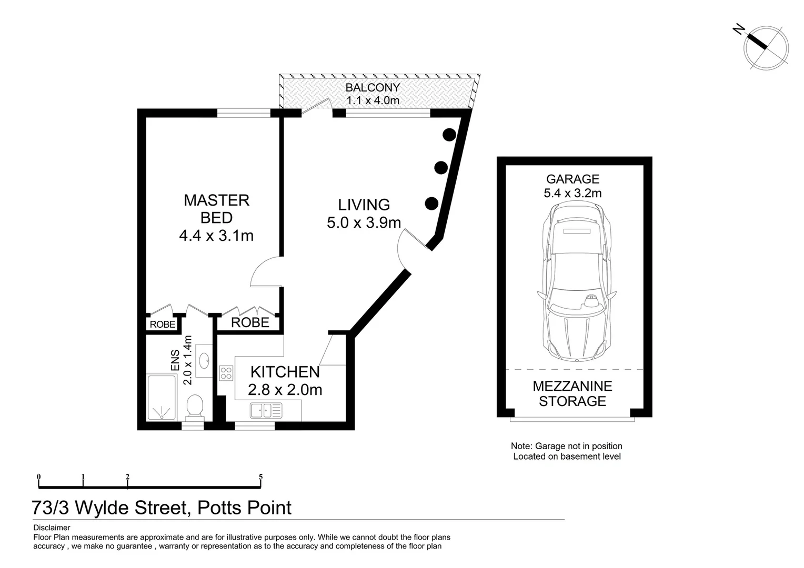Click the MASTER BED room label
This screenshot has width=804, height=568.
[216, 217]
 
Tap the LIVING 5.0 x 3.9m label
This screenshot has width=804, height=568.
[364, 214]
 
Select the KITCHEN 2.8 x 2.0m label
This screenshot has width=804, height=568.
[285, 380]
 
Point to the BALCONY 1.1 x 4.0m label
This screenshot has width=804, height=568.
[373, 94]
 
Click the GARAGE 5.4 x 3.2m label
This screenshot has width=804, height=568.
[572, 186]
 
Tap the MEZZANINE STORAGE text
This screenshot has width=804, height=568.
[572, 393]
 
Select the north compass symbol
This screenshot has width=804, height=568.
[765, 46]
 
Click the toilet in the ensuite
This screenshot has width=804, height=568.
[195, 406]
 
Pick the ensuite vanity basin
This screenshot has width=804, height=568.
[204, 360]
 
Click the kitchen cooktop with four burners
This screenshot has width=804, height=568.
[226, 373]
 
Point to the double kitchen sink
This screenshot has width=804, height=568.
[266, 410]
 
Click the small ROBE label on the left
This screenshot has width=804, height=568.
[163, 324]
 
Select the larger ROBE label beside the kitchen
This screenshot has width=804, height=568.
[250, 322]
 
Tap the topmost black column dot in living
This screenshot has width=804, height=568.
[449, 135]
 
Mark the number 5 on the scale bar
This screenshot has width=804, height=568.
[260, 478]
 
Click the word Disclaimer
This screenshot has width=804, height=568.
[52, 528]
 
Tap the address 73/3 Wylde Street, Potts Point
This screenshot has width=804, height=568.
[162, 508]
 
